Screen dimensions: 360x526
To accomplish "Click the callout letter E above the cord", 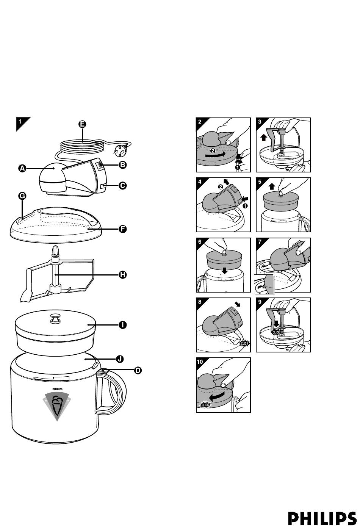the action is click(x=82, y=124).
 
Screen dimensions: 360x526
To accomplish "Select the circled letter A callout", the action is click(x=22, y=168).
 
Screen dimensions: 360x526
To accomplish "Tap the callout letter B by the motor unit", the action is click(x=122, y=165).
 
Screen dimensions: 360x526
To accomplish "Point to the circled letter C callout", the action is click(x=122, y=186).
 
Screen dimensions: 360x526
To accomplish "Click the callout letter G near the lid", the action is click(x=22, y=196).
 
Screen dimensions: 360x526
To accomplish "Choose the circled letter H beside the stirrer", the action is click(x=122, y=274).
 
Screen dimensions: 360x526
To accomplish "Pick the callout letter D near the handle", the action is click(x=138, y=370).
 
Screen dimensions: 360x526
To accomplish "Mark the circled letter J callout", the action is click(x=120, y=359).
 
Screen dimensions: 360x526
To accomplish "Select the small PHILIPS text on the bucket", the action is click(x=57, y=389).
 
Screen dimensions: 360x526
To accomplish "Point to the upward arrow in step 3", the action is click(x=264, y=137).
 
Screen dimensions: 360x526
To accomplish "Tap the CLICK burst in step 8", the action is click(x=244, y=344).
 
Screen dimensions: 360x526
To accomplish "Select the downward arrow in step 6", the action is click(x=225, y=271).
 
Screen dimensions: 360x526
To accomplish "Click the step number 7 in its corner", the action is click(x=260, y=242).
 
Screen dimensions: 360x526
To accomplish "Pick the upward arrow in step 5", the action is click(x=272, y=186).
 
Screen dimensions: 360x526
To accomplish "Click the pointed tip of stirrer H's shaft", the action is click(x=55, y=246).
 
